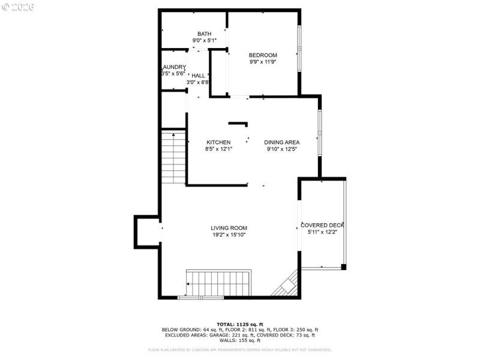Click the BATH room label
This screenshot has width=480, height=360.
coord(204,34)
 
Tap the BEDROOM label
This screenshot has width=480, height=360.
coord(263,55)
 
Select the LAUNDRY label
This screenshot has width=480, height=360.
coord(173,67)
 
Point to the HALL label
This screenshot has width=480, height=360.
coord(199,76)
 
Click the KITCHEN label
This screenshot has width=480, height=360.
coord(218,142)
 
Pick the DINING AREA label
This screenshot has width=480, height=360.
coord(282,142)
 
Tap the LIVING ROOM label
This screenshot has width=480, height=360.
coord(229,228)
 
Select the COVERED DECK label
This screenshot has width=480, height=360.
coord(322,225)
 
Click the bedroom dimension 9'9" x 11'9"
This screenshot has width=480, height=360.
coord(263,61)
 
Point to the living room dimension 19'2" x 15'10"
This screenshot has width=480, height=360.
coord(229,235)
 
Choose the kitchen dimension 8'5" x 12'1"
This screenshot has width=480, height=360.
coord(218,149)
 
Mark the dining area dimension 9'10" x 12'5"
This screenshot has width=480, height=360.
coord(282,149)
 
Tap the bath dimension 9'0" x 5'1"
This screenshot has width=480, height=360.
coord(204,40)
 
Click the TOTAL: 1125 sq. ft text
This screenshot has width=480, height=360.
coord(240,325)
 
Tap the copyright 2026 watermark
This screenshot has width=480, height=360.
coord(18,7)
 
